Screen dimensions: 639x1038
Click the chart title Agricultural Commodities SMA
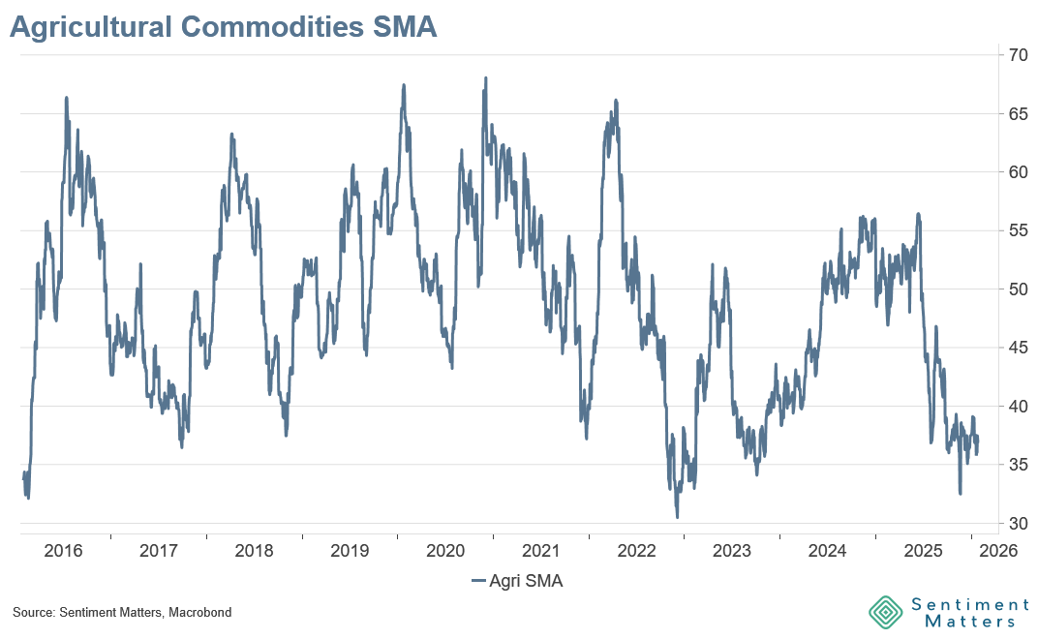(223, 28)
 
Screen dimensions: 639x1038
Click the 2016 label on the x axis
(63, 551)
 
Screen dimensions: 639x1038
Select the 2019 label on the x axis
(350, 551)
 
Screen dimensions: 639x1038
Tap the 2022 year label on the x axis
(636, 551)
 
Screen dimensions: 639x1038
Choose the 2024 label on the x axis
(828, 551)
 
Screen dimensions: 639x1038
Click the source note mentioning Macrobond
(122, 613)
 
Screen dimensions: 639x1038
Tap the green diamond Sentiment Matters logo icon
(885, 612)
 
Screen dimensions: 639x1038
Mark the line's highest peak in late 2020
(484, 77)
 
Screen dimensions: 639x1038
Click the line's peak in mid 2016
(66, 97)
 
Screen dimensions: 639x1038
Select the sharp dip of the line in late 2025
(960, 494)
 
